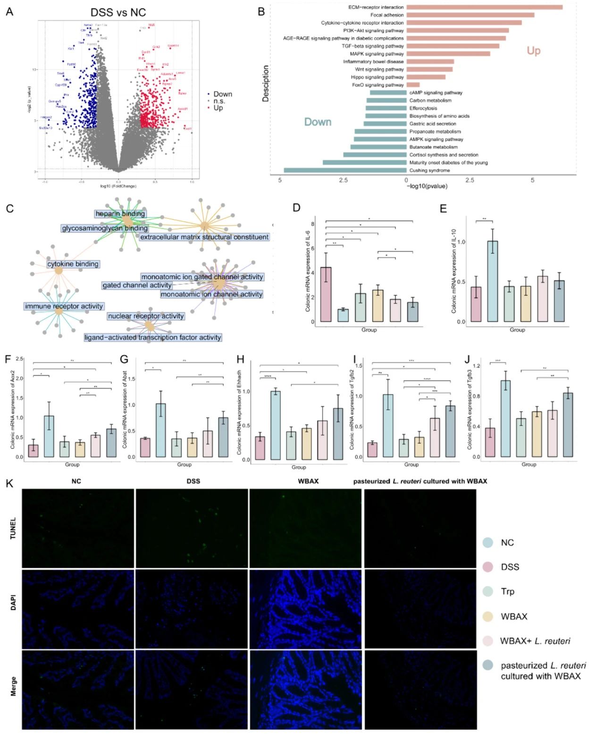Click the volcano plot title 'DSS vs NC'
[118, 13]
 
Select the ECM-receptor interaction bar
[484, 7]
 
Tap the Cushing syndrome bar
[345, 170]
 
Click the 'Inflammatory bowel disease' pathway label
[373, 61]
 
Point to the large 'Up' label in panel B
[533, 51]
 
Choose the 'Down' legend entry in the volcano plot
[222, 94]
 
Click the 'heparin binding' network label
[120, 213]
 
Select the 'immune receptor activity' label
[64, 306]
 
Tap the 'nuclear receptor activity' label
[145, 316]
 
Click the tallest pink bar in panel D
[326, 294]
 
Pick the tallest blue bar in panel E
[492, 281]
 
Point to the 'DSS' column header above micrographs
[193, 481]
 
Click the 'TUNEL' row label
[13, 528]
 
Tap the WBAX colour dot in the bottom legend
[488, 616]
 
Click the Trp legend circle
[488, 591]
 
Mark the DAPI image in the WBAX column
[305, 609]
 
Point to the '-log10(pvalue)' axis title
[427, 186]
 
